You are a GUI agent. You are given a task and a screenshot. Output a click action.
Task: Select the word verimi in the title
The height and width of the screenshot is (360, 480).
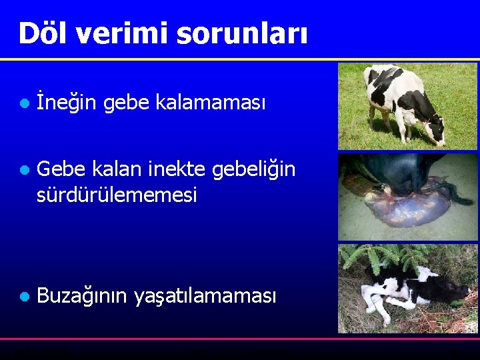[x=124, y=33]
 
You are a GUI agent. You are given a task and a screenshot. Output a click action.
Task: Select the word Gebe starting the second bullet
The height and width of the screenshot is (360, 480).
[x=63, y=170]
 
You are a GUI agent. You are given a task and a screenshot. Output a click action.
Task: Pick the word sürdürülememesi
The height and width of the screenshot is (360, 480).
[x=117, y=195]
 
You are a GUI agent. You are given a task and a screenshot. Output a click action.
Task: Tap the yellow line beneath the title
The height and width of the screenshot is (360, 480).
[x=240, y=59]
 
